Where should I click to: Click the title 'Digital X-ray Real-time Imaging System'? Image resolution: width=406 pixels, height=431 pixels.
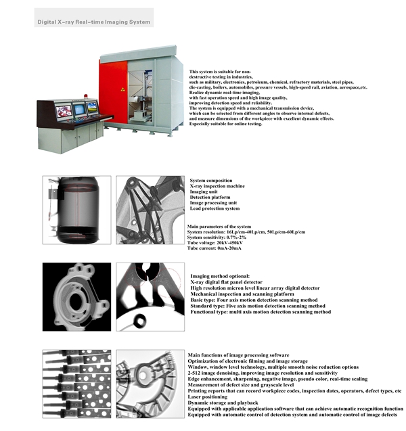tap(93, 22)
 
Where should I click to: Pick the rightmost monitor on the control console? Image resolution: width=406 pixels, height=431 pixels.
tap(91, 108)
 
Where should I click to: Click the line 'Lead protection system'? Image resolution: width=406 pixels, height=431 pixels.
tap(215, 208)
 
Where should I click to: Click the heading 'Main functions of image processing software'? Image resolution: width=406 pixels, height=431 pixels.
tap(239, 355)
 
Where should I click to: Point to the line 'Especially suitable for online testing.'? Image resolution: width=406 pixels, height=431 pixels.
tap(226, 124)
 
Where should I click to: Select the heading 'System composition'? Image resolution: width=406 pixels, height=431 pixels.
tap(211, 181)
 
